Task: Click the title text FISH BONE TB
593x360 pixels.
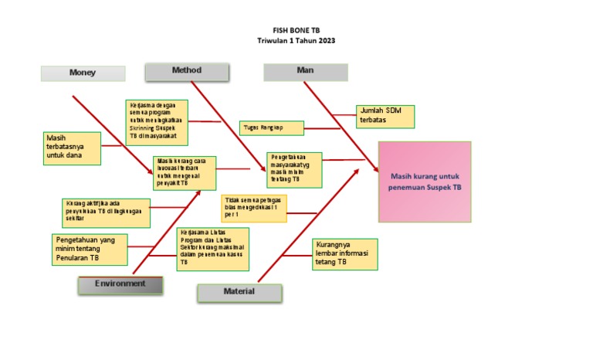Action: (296, 29)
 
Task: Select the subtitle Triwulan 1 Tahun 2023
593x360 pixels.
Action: (296, 40)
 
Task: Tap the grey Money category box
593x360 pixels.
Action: (83, 73)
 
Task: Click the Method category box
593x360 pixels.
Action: (187, 71)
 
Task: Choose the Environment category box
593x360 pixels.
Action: (120, 284)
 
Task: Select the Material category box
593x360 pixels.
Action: (239, 292)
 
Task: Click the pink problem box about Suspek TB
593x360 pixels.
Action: (424, 182)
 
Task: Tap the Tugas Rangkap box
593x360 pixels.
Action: (271, 127)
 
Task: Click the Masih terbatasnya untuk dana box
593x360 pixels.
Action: (73, 148)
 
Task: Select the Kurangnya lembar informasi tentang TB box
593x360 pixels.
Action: (344, 254)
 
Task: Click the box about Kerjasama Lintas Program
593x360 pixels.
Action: (212, 248)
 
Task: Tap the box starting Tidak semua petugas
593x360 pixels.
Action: (253, 207)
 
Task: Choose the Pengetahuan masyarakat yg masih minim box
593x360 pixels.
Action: (294, 168)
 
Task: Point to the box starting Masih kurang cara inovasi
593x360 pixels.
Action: (184, 173)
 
